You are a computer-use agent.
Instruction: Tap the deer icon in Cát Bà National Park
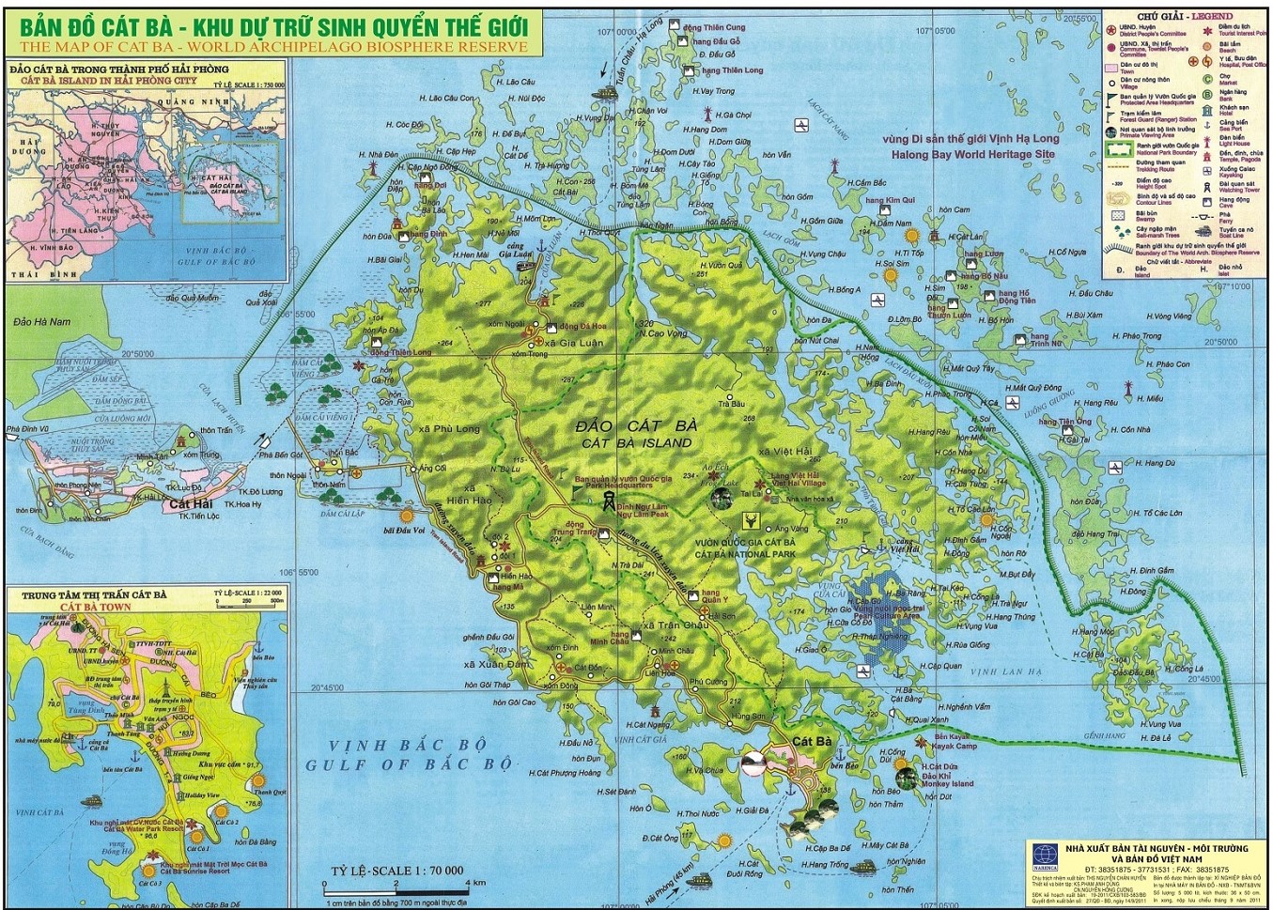(751, 519)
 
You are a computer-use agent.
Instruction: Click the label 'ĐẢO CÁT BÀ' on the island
(636, 426)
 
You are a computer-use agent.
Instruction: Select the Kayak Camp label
(955, 747)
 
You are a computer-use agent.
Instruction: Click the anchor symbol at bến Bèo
(791, 788)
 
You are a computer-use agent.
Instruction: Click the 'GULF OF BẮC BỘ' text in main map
(409, 764)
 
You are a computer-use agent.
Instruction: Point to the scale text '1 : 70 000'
(431, 871)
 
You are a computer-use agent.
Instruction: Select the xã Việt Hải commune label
(784, 452)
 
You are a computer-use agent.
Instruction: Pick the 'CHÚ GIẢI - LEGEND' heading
(1185, 17)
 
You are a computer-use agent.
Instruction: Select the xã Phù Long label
(449, 428)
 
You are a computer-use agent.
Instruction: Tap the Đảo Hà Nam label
(41, 321)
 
